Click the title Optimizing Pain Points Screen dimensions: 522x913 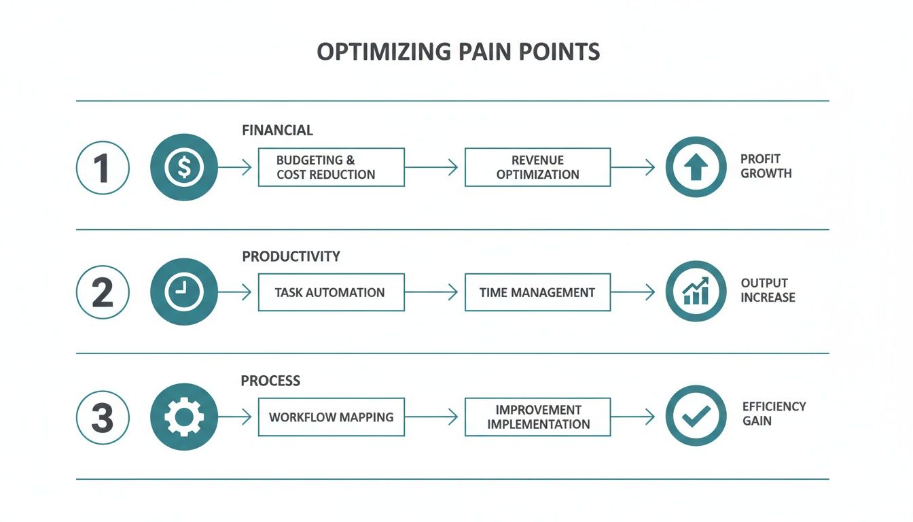(x=459, y=52)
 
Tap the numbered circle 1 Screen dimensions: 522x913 (x=103, y=167)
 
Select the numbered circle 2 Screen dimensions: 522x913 (x=103, y=292)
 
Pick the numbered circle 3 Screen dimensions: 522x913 (x=103, y=417)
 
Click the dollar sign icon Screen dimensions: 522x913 (x=184, y=167)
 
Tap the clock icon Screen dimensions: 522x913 (x=184, y=292)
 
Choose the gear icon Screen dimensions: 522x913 (x=184, y=417)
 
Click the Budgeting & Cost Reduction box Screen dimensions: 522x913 (x=331, y=167)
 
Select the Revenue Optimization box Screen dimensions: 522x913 (x=537, y=167)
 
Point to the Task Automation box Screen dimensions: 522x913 (x=331, y=292)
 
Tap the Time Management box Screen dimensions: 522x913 (x=537, y=292)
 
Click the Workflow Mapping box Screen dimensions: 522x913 (x=331, y=417)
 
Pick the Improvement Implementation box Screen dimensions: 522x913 (x=537, y=417)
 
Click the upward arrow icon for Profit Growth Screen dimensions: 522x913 (x=696, y=167)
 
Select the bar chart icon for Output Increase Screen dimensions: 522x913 (x=696, y=292)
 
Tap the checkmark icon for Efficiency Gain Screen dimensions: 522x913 (x=696, y=417)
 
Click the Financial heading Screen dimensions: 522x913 (x=277, y=130)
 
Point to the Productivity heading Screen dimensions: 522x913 (x=291, y=256)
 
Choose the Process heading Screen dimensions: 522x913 (x=270, y=381)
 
